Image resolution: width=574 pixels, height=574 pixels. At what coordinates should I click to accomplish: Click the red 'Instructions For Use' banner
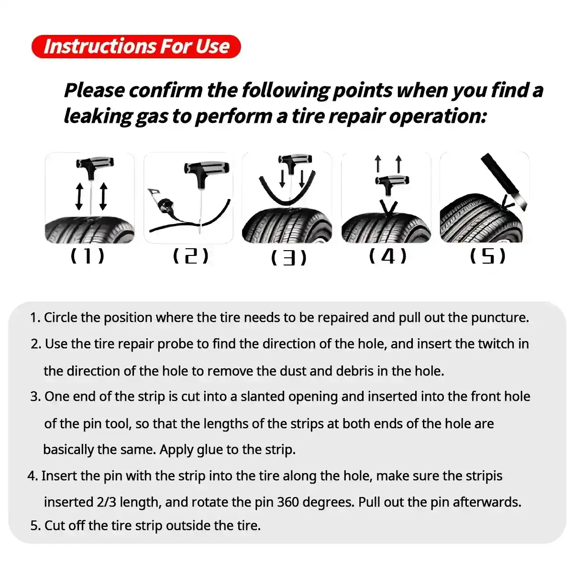coord(136,46)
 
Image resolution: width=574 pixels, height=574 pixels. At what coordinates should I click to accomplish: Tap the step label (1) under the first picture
coord(87,256)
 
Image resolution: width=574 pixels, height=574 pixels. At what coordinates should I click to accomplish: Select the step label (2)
coord(190,256)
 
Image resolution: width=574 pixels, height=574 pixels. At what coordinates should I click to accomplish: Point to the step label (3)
coord(288,258)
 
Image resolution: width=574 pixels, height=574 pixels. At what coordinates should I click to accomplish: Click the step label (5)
coord(487,256)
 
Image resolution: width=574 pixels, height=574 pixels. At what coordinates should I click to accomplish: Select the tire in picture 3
coord(287,225)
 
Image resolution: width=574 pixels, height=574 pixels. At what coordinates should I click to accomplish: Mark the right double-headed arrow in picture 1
coord(103,196)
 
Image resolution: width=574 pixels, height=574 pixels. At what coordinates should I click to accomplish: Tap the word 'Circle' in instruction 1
coord(61,318)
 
